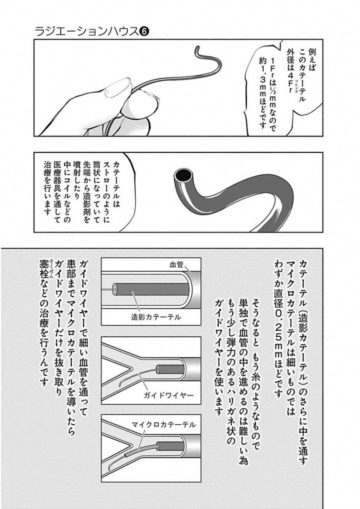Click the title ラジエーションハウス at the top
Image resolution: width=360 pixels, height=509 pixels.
coord(87,31)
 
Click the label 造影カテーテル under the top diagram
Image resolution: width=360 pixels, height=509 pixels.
coord(156,317)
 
